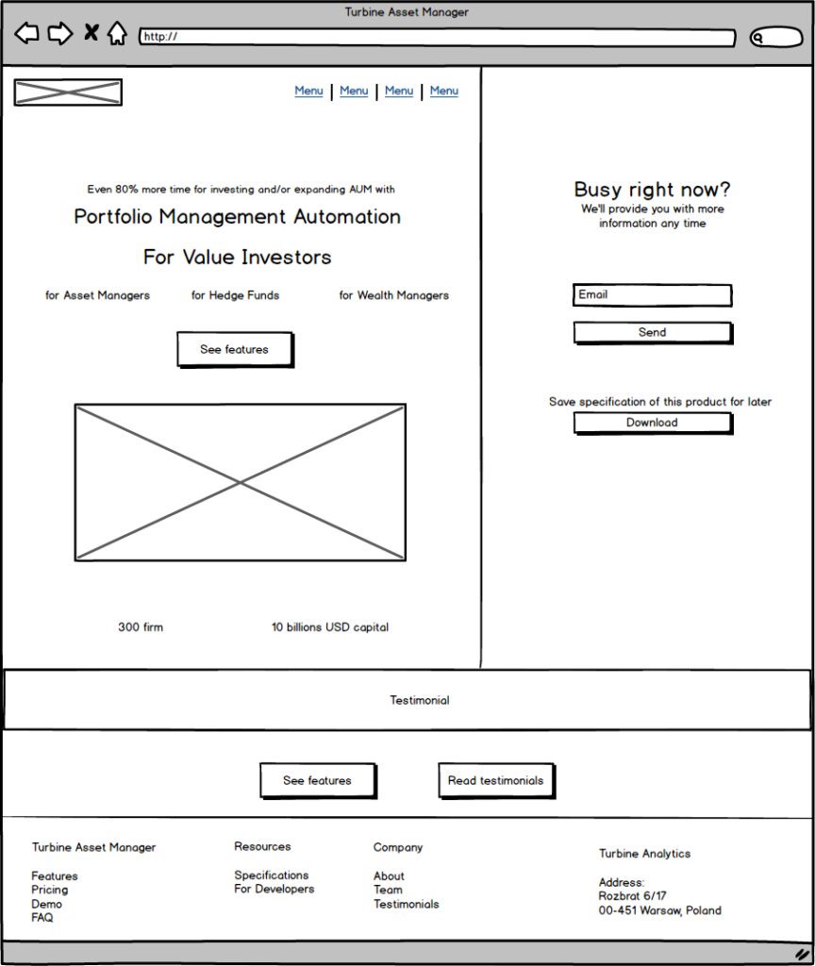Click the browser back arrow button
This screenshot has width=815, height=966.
(26, 34)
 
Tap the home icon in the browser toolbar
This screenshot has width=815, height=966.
(116, 34)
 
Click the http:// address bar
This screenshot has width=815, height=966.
(437, 38)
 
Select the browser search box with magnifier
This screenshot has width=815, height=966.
(775, 38)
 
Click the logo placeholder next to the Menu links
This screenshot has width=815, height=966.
(68, 92)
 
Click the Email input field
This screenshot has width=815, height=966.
(652, 295)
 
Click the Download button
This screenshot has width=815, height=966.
(652, 423)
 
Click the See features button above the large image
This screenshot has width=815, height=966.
(234, 349)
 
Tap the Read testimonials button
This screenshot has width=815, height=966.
(495, 780)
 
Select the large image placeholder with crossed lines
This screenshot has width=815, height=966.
(241, 483)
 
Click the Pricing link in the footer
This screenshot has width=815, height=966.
(50, 890)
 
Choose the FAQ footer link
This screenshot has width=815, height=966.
(42, 917)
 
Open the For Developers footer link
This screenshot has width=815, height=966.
(274, 889)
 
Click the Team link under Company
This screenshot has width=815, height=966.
(388, 890)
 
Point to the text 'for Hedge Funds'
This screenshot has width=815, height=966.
(235, 295)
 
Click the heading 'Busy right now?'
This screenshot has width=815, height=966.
(652, 190)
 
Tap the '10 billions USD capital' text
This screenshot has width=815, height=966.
(330, 627)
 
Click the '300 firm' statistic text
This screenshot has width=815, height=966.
(141, 627)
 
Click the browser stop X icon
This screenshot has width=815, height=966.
(91, 34)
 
